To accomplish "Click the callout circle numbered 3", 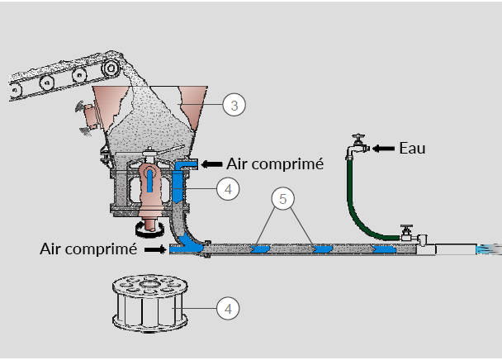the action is tap(234, 105).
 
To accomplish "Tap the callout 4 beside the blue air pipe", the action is tap(228, 189).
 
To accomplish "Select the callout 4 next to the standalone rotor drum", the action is tap(228, 309).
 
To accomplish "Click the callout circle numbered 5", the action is tap(282, 199).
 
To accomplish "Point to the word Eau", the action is tap(412, 149).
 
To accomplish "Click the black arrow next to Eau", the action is tap(384, 149).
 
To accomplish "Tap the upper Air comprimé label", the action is tap(275, 164).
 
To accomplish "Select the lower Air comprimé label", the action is tap(88, 249).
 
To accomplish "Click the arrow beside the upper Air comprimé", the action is tap(212, 164).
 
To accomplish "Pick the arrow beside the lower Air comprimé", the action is tap(155, 249).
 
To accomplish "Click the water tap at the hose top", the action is tap(358, 146).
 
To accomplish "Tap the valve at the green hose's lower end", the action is tap(407, 234).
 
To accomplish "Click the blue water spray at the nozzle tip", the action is tap(489, 249).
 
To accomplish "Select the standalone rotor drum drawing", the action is tap(149, 303).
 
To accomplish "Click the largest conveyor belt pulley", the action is tap(111, 68).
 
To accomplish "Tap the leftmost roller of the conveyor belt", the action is tap(14, 90).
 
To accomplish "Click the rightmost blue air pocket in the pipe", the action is tap(384, 249).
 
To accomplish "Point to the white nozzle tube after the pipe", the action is tap(456, 249).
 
